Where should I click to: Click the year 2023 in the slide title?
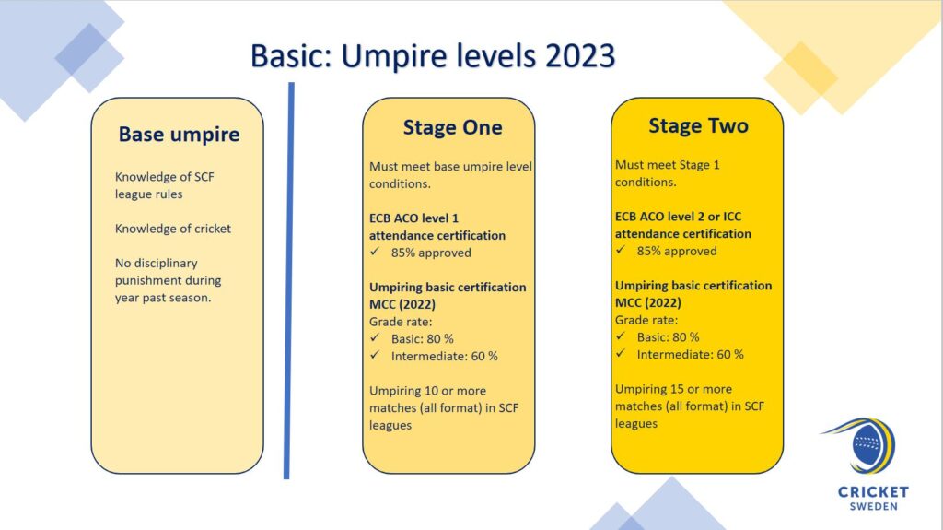click(x=580, y=56)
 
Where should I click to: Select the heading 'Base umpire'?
click(x=180, y=135)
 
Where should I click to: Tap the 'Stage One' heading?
click(x=452, y=127)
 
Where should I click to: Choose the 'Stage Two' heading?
click(x=698, y=125)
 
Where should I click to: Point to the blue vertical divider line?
click(x=289, y=280)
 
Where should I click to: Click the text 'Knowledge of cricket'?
click(x=172, y=229)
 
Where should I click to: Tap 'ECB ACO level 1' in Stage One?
click(x=413, y=218)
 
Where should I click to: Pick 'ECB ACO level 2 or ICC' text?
click(x=678, y=217)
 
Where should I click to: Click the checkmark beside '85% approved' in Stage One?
click(x=375, y=252)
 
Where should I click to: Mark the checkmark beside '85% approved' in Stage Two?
click(x=621, y=250)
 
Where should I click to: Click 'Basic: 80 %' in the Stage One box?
click(x=422, y=338)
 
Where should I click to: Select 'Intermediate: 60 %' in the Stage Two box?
click(x=690, y=354)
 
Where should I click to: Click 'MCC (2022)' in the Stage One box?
click(x=402, y=304)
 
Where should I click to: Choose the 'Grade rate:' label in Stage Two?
click(x=646, y=320)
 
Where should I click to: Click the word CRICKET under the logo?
click(x=873, y=492)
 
